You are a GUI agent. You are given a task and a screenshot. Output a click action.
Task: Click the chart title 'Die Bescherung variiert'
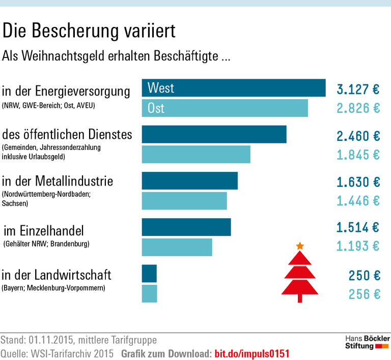pyautogui.click(x=89, y=32)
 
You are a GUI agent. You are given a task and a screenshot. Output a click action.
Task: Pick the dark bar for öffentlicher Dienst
pyautogui.click(x=214, y=134)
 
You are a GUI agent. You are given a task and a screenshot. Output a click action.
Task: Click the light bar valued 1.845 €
pyautogui.click(x=196, y=154)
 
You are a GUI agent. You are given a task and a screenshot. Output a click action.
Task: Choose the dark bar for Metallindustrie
pyautogui.click(x=189, y=181)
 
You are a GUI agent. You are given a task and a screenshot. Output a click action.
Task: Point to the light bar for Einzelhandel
pyautogui.click(x=177, y=247)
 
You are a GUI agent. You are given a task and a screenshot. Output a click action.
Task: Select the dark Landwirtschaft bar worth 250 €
pyautogui.click(x=149, y=274)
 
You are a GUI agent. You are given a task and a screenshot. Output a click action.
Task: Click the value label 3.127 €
pyautogui.click(x=358, y=89)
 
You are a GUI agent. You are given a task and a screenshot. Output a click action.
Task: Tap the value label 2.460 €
pyautogui.click(x=358, y=136)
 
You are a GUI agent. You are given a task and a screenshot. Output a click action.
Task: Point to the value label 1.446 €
pyautogui.click(x=358, y=201)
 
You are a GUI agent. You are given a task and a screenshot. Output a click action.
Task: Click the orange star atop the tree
pyautogui.click(x=300, y=246)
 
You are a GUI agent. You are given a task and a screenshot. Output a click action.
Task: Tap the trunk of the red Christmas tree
pyautogui.click(x=300, y=298)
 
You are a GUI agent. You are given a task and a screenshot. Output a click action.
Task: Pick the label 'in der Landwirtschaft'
pyautogui.click(x=57, y=275)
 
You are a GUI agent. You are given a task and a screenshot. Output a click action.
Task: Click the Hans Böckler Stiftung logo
pyautogui.click(x=367, y=342)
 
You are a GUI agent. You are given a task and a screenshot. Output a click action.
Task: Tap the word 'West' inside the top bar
pyautogui.click(x=161, y=88)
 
